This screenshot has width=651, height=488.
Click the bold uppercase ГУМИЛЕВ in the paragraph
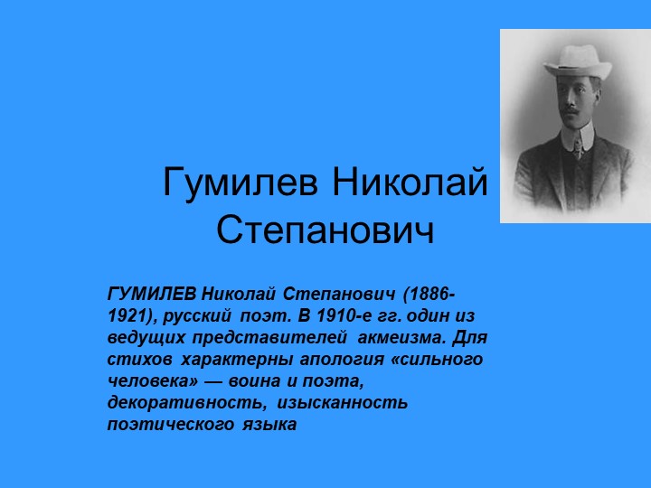pyautogui.click(x=151, y=296)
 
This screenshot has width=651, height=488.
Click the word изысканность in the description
pyautogui.click(x=344, y=401)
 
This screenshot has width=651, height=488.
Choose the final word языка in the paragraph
pyautogui.click(x=269, y=423)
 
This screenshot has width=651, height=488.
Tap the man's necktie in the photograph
pyautogui.click(x=576, y=146)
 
